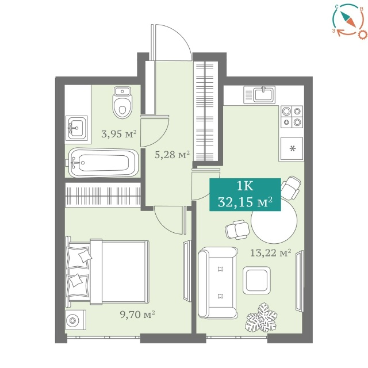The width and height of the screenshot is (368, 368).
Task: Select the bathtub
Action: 103,163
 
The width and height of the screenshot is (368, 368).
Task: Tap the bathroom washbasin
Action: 76,128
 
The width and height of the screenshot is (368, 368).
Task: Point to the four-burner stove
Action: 292,116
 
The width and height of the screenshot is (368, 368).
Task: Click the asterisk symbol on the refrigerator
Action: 292,148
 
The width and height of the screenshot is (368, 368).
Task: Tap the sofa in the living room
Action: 217,282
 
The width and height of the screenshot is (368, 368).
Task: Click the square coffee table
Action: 256,280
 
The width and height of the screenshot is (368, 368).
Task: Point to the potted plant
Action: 261,317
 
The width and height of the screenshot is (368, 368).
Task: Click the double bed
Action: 108,272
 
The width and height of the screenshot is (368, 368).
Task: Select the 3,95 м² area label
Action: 119,134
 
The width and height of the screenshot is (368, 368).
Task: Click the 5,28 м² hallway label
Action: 172,155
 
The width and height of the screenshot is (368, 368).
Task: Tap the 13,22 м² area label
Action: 271,253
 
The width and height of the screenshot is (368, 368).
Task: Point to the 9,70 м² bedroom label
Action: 137,315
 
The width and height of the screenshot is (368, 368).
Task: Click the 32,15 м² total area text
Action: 245,202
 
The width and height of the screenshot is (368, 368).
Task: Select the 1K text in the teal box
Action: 245,186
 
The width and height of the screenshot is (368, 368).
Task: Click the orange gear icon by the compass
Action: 362,34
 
